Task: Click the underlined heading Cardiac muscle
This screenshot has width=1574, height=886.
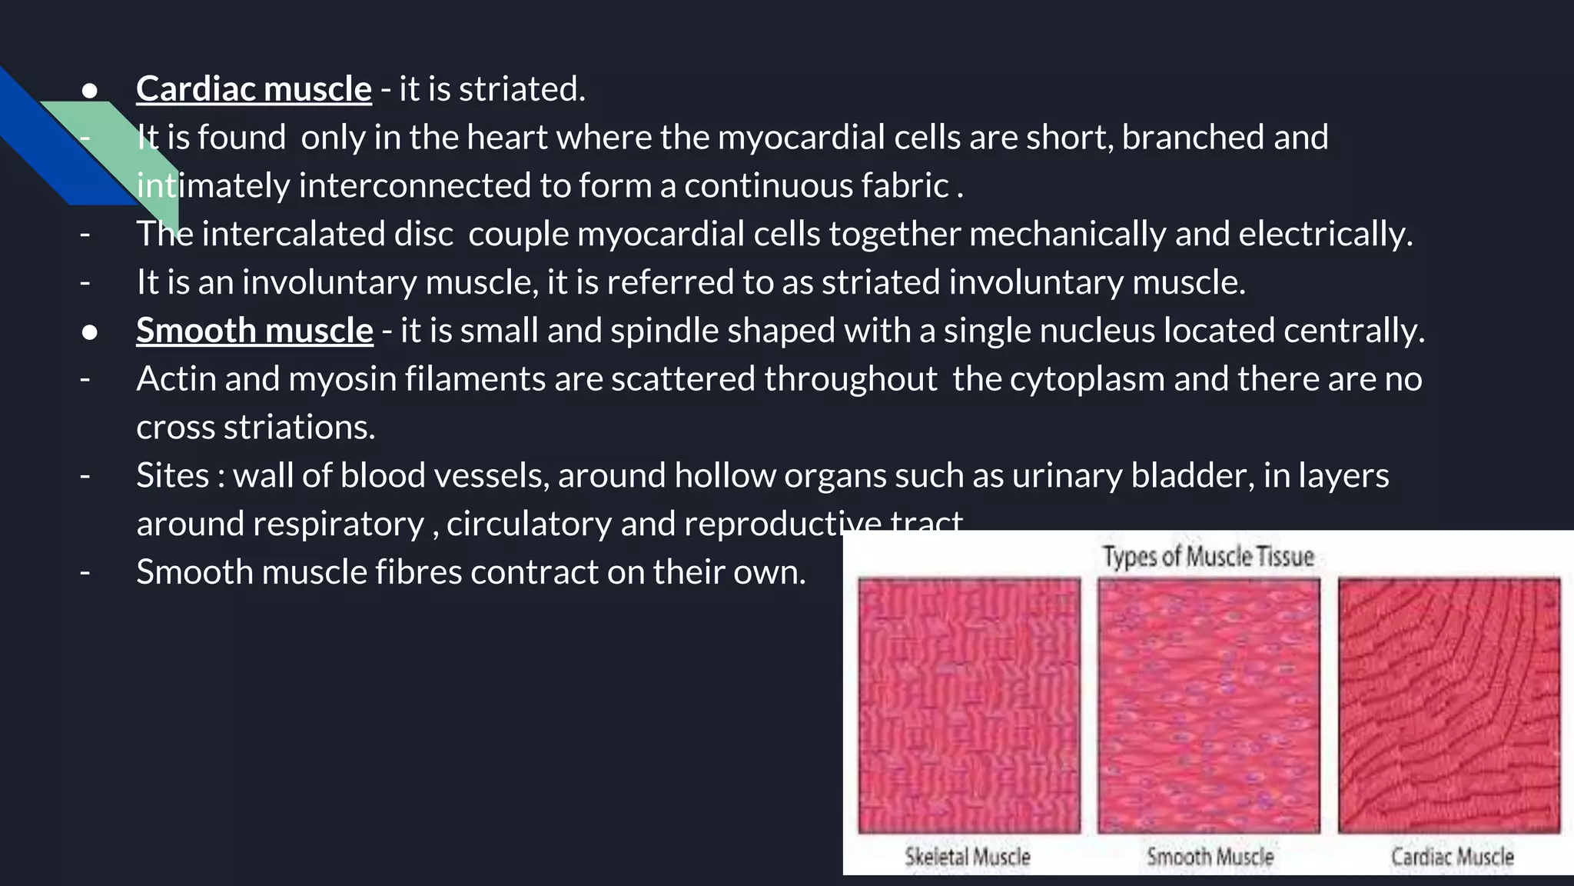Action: click(254, 89)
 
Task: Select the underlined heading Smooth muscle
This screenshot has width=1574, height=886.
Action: click(254, 331)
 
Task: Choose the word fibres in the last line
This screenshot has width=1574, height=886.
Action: click(419, 572)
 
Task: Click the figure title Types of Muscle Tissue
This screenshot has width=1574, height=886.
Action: click(1208, 556)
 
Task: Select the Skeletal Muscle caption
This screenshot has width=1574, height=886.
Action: click(968, 856)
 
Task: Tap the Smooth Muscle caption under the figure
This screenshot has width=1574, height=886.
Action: click(1210, 856)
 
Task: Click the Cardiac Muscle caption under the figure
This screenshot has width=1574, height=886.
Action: click(1452, 856)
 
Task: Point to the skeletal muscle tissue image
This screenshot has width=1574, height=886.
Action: click(969, 705)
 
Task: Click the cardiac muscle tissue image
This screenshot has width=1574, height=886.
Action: click(1449, 705)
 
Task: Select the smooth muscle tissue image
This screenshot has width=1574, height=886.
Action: click(1209, 705)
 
